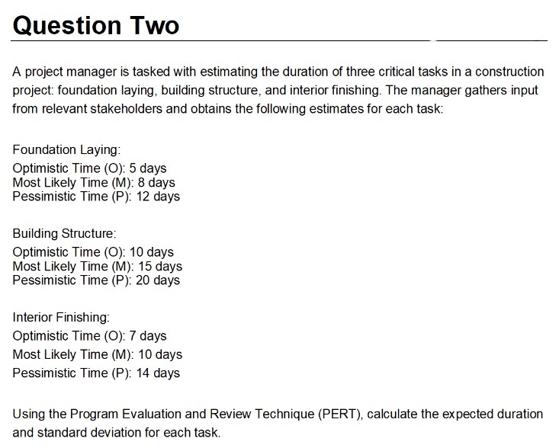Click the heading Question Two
pyautogui.click(x=96, y=25)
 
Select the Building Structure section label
pyautogui.click(x=64, y=233)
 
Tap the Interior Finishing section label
pyautogui.click(x=62, y=317)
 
